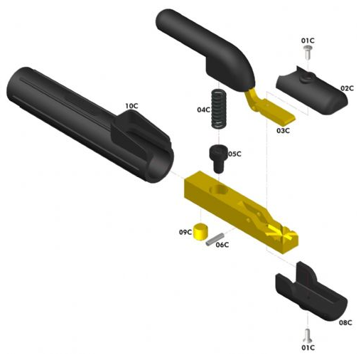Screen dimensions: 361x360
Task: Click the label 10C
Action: (x=131, y=106)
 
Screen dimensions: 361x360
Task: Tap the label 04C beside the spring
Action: (x=204, y=110)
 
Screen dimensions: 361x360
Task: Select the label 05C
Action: (x=235, y=154)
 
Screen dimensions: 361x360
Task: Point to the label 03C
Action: (x=283, y=130)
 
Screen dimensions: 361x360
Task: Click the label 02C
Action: (x=347, y=88)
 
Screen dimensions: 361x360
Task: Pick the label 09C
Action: (x=185, y=232)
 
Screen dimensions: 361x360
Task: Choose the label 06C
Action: (x=222, y=245)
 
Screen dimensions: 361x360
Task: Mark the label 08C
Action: (x=345, y=322)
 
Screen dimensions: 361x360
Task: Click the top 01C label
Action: (x=308, y=41)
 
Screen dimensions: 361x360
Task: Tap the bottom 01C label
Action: (x=308, y=348)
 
